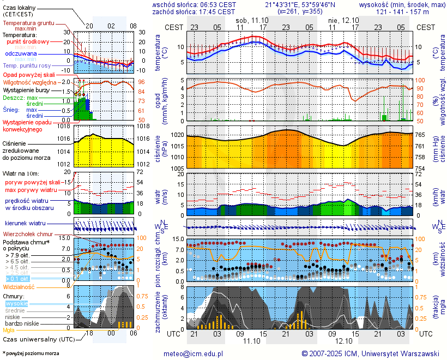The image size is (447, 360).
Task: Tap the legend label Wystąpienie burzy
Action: click(x=27, y=89)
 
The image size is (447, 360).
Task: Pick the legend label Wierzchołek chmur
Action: click(x=27, y=233)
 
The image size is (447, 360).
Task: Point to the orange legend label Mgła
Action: click(x=9, y=330)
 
